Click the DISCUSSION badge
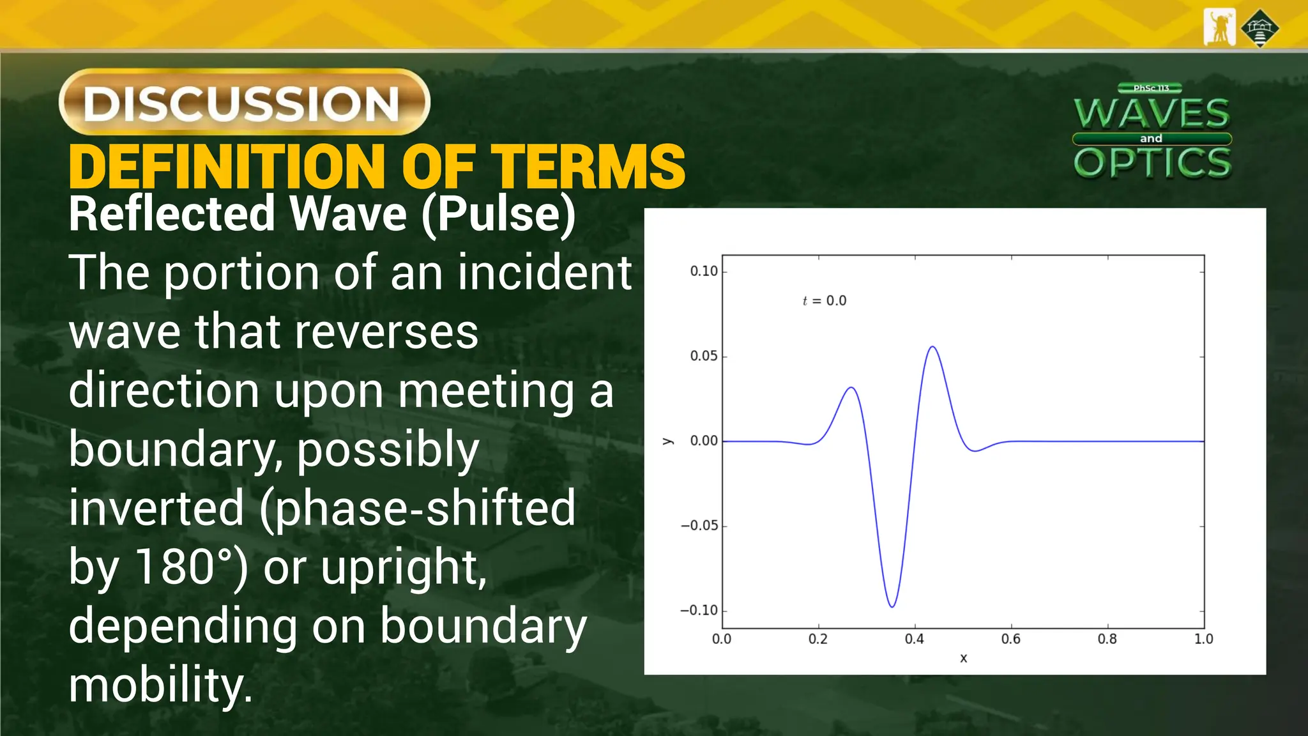click(x=244, y=102)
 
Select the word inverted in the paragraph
click(x=156, y=508)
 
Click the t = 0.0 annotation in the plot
click(x=825, y=301)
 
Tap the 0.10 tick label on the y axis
click(x=704, y=271)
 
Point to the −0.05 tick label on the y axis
click(x=699, y=526)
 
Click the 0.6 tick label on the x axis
click(x=1011, y=639)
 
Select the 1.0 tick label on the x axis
click(x=1203, y=639)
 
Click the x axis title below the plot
click(x=963, y=658)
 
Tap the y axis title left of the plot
click(x=668, y=441)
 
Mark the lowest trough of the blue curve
click(x=892, y=606)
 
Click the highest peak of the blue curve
click(x=933, y=347)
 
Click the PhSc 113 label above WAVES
click(x=1151, y=88)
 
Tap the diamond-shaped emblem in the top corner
click(x=1259, y=28)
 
